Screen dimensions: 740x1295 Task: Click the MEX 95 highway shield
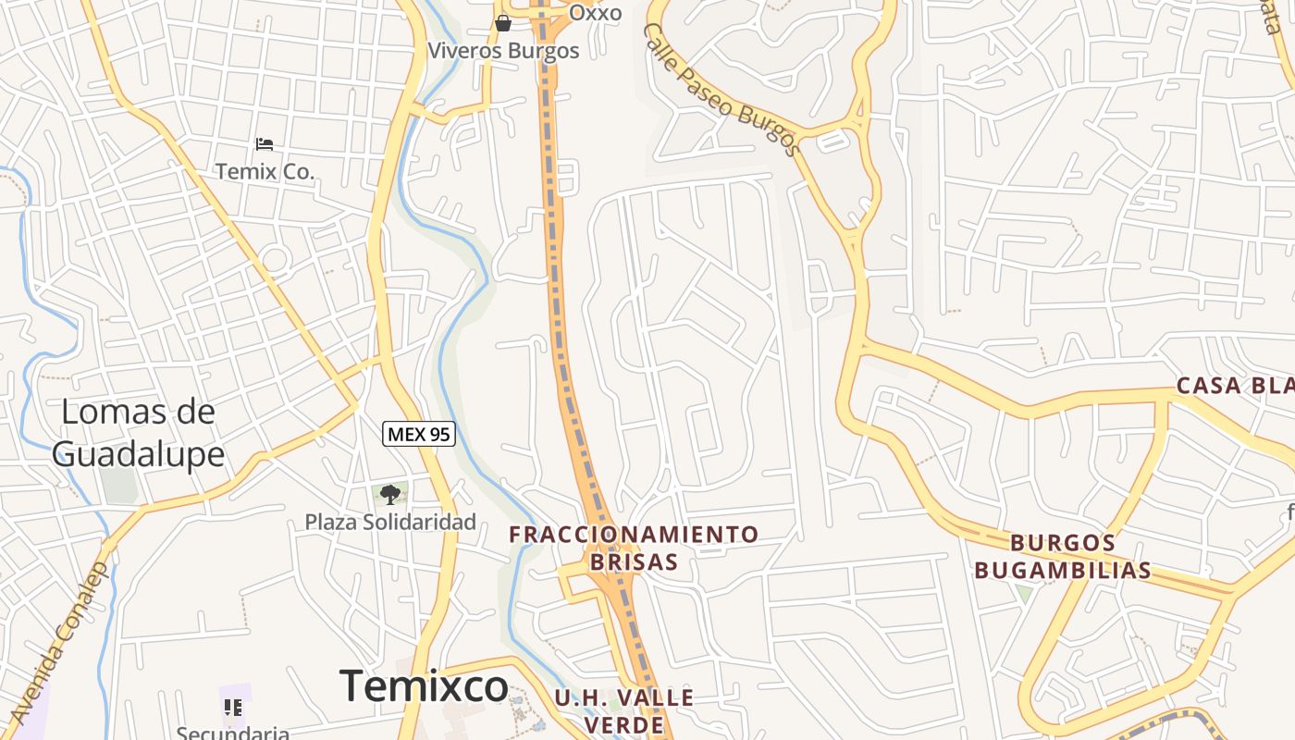click(420, 433)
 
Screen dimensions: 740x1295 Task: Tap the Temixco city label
click(425, 685)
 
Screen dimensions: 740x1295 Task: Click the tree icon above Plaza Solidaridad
click(390, 494)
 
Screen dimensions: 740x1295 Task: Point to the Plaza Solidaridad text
click(390, 522)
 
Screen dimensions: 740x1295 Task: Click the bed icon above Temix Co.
click(265, 144)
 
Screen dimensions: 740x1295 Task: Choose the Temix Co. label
click(265, 171)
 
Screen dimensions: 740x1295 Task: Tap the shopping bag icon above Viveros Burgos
click(503, 23)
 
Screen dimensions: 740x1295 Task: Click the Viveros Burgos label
click(503, 51)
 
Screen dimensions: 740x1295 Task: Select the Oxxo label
click(595, 13)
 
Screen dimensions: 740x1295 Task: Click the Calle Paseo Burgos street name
click(721, 90)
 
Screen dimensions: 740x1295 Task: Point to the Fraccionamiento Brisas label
click(634, 548)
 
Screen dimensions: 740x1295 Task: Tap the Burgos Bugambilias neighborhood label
click(1063, 556)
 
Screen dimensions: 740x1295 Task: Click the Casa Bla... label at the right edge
click(1235, 386)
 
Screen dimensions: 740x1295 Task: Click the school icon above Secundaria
click(233, 708)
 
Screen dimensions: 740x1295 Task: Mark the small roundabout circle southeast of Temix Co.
click(275, 258)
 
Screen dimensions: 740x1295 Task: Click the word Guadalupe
click(138, 454)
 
